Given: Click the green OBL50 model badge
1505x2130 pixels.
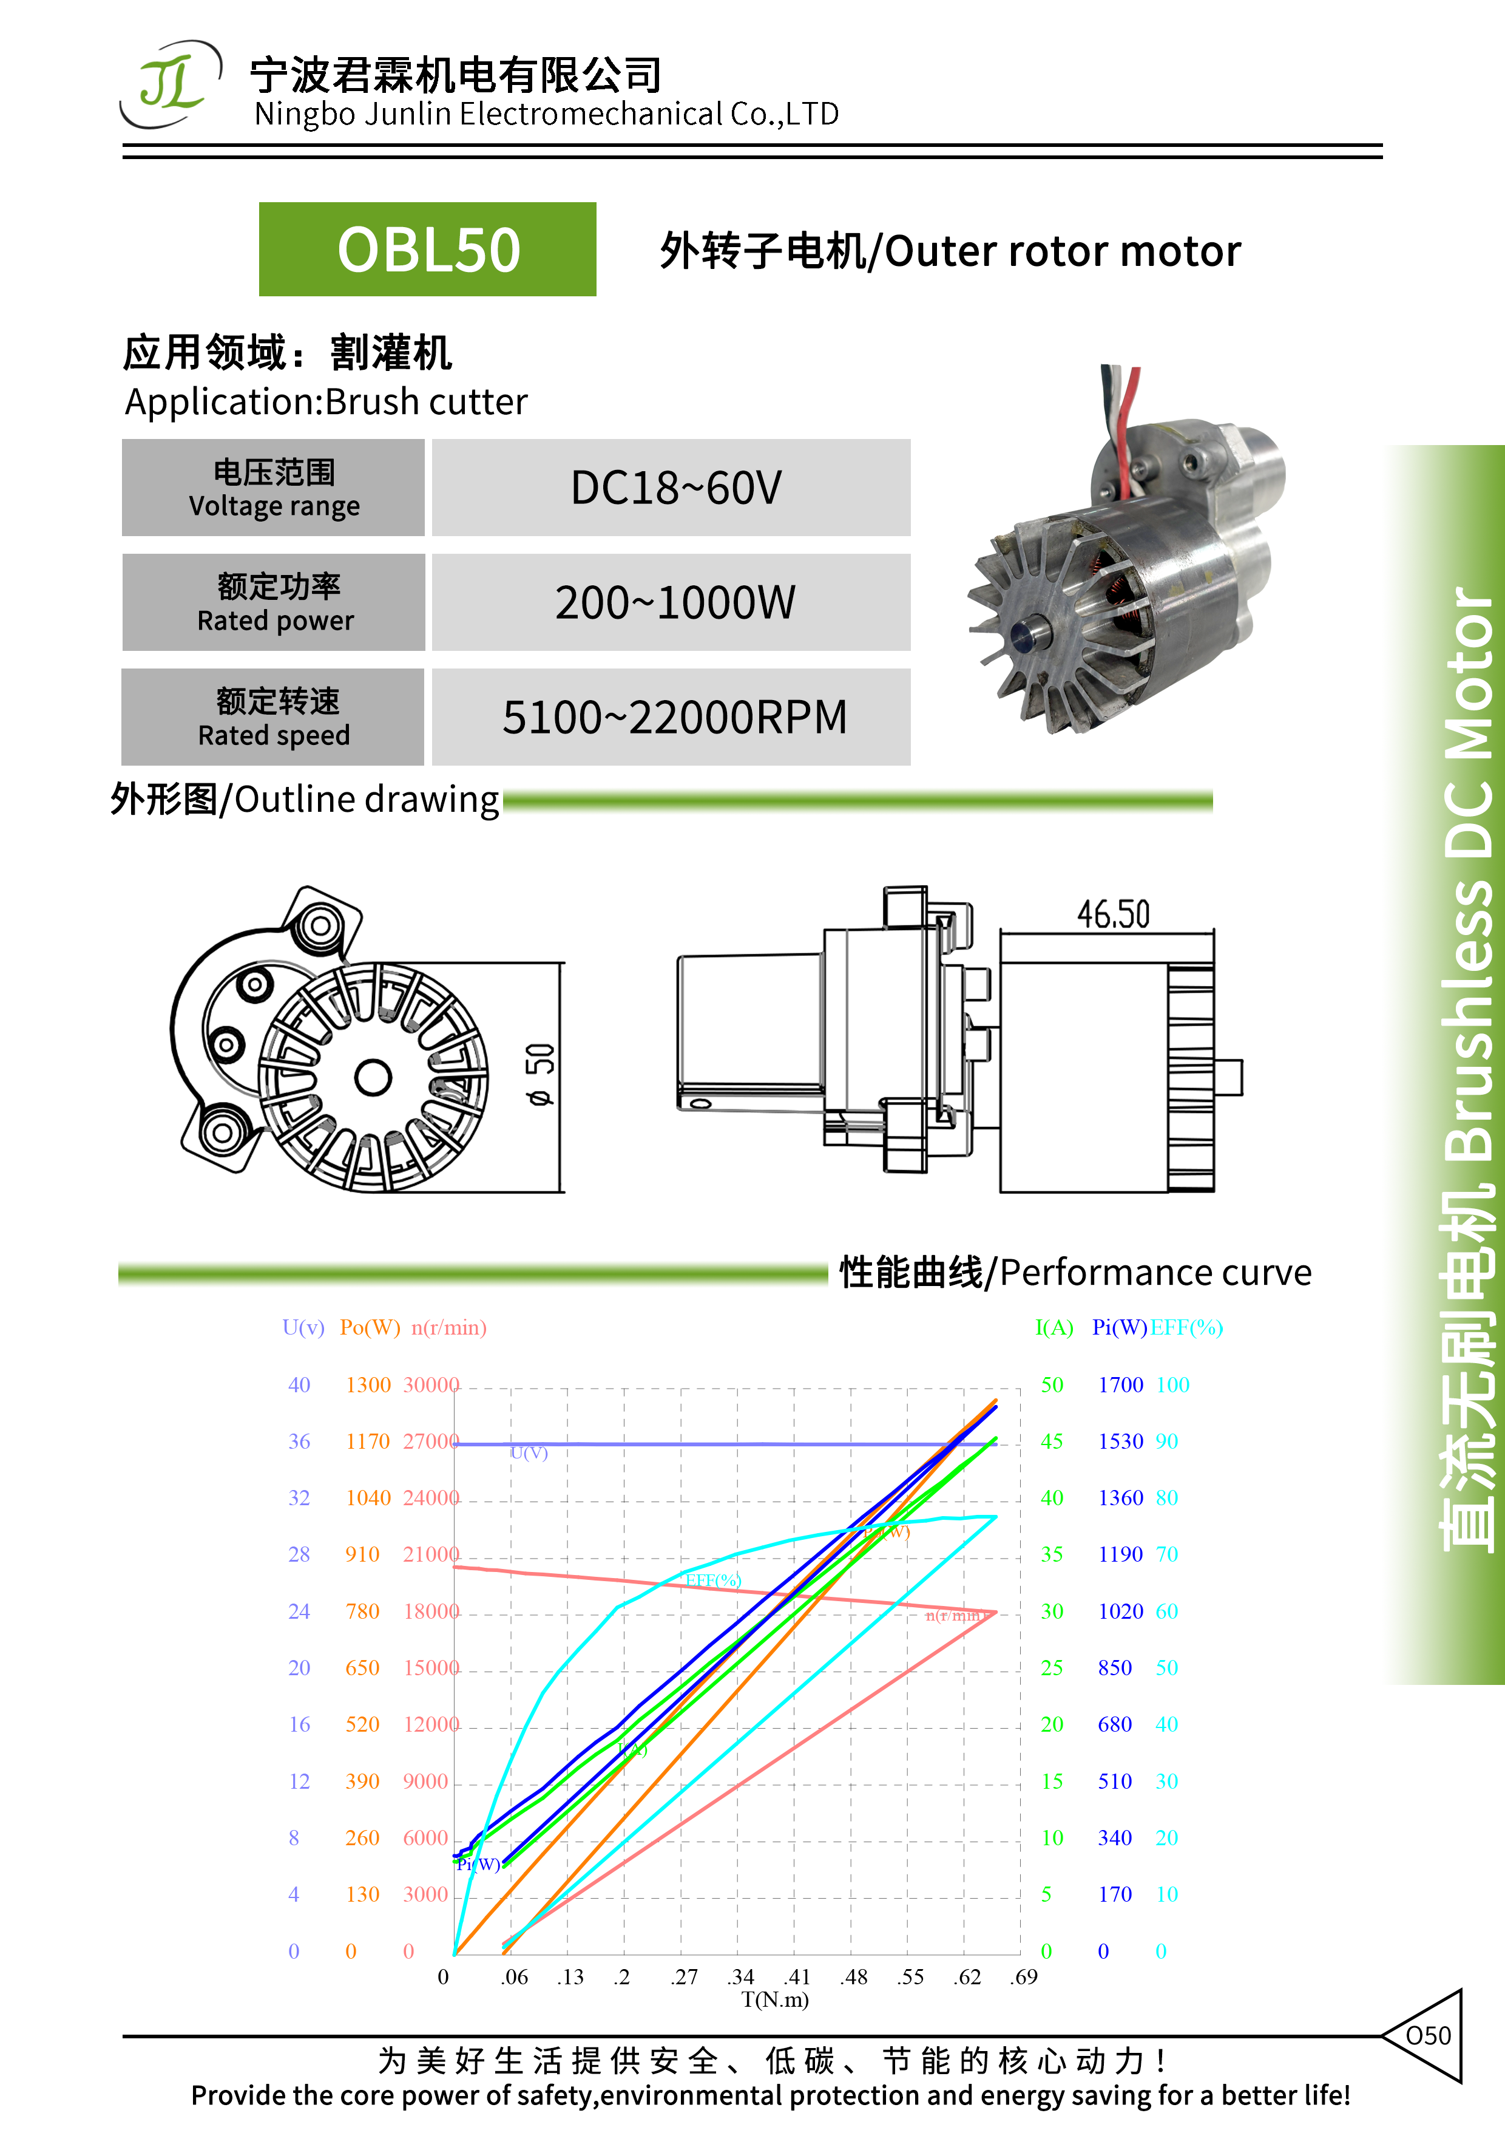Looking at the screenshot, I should pos(427,250).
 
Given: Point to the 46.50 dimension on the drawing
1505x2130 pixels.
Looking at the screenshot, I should pos(1113,914).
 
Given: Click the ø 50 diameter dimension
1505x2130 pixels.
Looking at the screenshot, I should pos(541,1074).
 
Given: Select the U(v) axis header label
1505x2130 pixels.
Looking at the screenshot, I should pos(303,1327).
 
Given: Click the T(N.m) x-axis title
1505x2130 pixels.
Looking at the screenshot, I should pos(775,1999).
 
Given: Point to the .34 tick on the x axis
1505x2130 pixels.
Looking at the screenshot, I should pos(741,1977).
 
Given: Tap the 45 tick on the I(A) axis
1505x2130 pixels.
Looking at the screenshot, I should pos(1052,1441).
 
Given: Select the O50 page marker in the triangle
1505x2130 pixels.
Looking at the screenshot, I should pos(1428,2035).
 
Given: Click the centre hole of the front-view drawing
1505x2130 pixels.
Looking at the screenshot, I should pos(374,1078).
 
